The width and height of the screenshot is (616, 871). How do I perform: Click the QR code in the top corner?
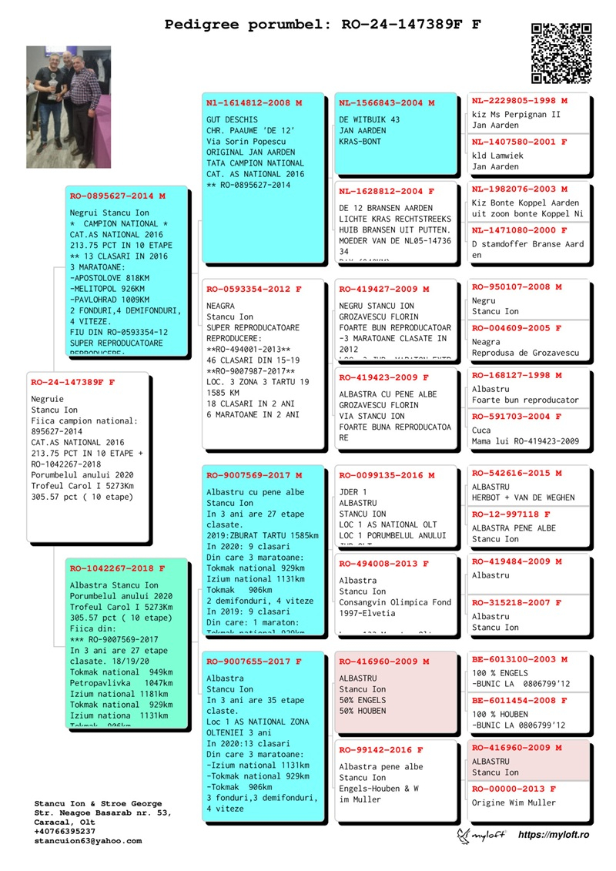coord(561,52)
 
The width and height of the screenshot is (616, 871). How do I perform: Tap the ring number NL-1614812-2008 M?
coord(254,102)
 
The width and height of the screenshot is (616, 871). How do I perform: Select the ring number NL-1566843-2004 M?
coord(386,102)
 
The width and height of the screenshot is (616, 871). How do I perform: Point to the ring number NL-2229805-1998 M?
coord(520,101)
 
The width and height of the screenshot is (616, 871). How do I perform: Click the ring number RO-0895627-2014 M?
coord(118,196)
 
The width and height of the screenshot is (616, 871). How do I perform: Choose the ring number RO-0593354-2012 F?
coord(254,289)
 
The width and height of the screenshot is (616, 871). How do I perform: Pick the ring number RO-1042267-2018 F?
coord(118,568)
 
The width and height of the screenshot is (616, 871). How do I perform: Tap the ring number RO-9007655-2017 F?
coord(254,661)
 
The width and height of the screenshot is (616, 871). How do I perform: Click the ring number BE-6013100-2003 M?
coord(520,659)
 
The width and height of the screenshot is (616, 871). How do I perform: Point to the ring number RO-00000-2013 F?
coord(514,789)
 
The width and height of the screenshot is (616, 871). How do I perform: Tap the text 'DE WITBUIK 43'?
coord(370,120)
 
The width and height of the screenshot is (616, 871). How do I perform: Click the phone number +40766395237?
coord(65,832)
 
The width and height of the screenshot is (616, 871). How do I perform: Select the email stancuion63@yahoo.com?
coord(88,841)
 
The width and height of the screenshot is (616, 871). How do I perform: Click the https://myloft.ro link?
coord(554,836)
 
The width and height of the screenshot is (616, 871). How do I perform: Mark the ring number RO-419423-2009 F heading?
coord(383,377)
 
